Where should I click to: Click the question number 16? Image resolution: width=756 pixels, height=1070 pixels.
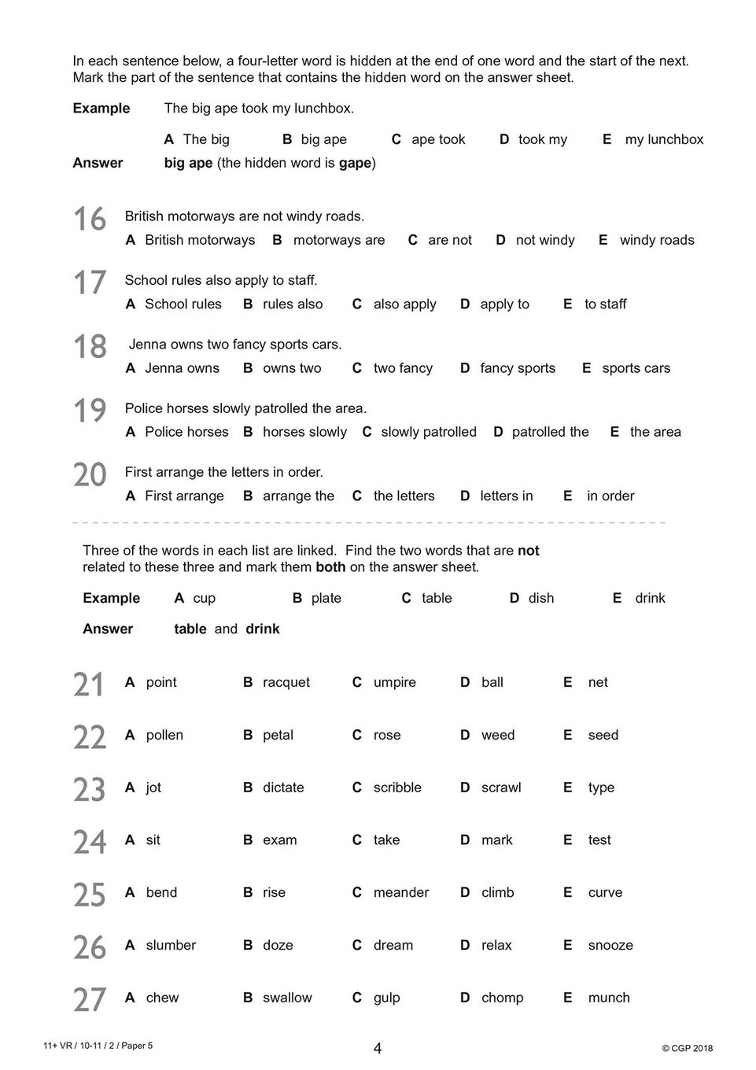click(x=90, y=220)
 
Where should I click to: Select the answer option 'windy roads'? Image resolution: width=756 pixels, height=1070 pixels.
click(x=656, y=240)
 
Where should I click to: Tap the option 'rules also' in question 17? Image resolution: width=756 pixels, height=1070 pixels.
click(x=292, y=304)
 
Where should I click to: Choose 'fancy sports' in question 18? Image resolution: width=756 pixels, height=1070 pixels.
click(x=517, y=367)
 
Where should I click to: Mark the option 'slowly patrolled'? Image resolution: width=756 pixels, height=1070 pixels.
click(x=428, y=432)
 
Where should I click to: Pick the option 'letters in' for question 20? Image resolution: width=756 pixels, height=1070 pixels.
click(x=506, y=496)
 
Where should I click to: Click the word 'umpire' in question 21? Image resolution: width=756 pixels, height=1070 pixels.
click(x=394, y=682)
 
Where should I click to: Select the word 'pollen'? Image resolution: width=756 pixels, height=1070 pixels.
click(x=164, y=735)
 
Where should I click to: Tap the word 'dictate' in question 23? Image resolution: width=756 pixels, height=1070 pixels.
click(x=283, y=788)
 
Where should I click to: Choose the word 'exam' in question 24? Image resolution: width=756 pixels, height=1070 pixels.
click(x=279, y=840)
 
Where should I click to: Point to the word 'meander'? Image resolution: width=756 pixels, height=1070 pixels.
click(x=401, y=892)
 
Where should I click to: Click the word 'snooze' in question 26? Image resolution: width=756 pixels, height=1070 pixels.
click(x=610, y=945)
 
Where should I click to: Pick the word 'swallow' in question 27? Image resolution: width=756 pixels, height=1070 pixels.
click(x=287, y=998)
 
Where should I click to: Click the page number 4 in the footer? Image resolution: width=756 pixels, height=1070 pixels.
click(x=378, y=1048)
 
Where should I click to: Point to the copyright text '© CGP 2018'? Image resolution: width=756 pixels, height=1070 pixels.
click(x=687, y=1048)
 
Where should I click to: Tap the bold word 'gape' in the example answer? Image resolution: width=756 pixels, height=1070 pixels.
click(x=355, y=163)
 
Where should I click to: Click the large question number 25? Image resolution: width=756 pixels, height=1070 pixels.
click(x=90, y=895)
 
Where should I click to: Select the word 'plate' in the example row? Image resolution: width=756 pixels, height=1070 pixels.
click(x=326, y=598)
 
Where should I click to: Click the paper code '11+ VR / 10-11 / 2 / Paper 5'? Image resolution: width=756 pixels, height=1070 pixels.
click(x=98, y=1046)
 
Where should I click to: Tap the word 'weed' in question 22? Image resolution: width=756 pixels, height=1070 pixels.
click(x=497, y=735)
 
